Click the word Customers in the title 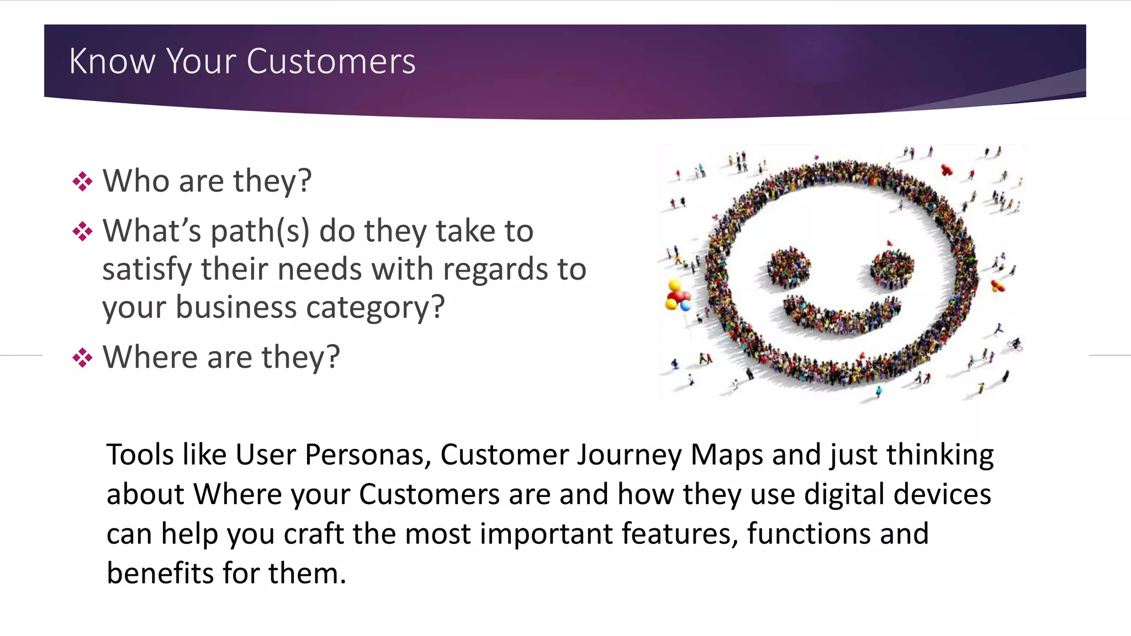point(331,61)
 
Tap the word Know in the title point(112,61)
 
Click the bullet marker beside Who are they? point(82,182)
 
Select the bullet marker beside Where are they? point(82,358)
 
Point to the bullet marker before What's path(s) point(82,231)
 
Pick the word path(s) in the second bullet point(260,231)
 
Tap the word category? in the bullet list point(375,308)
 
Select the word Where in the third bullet point(150,357)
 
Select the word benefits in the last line point(160,573)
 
